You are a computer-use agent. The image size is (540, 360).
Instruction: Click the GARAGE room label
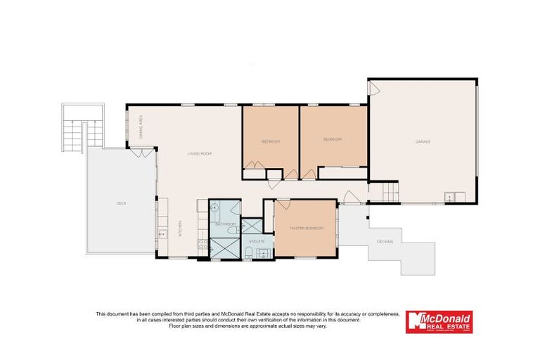point(423,141)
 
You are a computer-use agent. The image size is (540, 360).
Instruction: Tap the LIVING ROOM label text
point(199,153)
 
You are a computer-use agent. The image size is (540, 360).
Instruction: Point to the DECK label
point(121,203)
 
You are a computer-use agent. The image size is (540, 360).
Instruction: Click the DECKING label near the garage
point(385,242)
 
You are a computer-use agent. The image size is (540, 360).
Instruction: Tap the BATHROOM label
point(225,224)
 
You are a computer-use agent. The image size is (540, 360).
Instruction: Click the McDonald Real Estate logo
point(439,321)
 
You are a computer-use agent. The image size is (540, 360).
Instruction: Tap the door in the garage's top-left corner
point(375,89)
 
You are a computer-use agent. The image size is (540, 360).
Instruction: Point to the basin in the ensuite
point(264,253)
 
